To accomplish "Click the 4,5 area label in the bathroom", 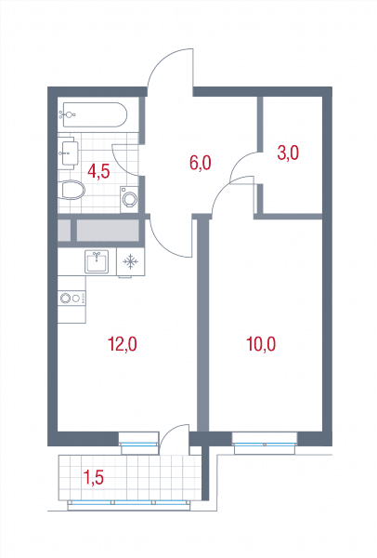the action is (x=98, y=171).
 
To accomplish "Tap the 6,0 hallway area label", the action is (x=201, y=164).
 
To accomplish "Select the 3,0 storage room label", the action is (x=288, y=153).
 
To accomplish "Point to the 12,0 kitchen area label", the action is (x=123, y=344).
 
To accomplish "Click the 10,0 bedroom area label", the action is (x=261, y=344).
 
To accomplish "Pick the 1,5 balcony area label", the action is (x=93, y=477).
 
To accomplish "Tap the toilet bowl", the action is (x=73, y=190).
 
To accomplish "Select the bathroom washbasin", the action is (x=70, y=153).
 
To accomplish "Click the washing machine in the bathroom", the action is (x=129, y=199).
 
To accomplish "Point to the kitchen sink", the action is (x=97, y=261).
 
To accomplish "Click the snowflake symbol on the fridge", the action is (x=130, y=261).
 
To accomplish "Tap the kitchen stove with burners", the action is (x=71, y=298).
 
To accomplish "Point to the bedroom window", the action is (x=265, y=444).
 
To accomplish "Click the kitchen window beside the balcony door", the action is (x=138, y=444).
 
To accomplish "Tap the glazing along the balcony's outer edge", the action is (x=128, y=502).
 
